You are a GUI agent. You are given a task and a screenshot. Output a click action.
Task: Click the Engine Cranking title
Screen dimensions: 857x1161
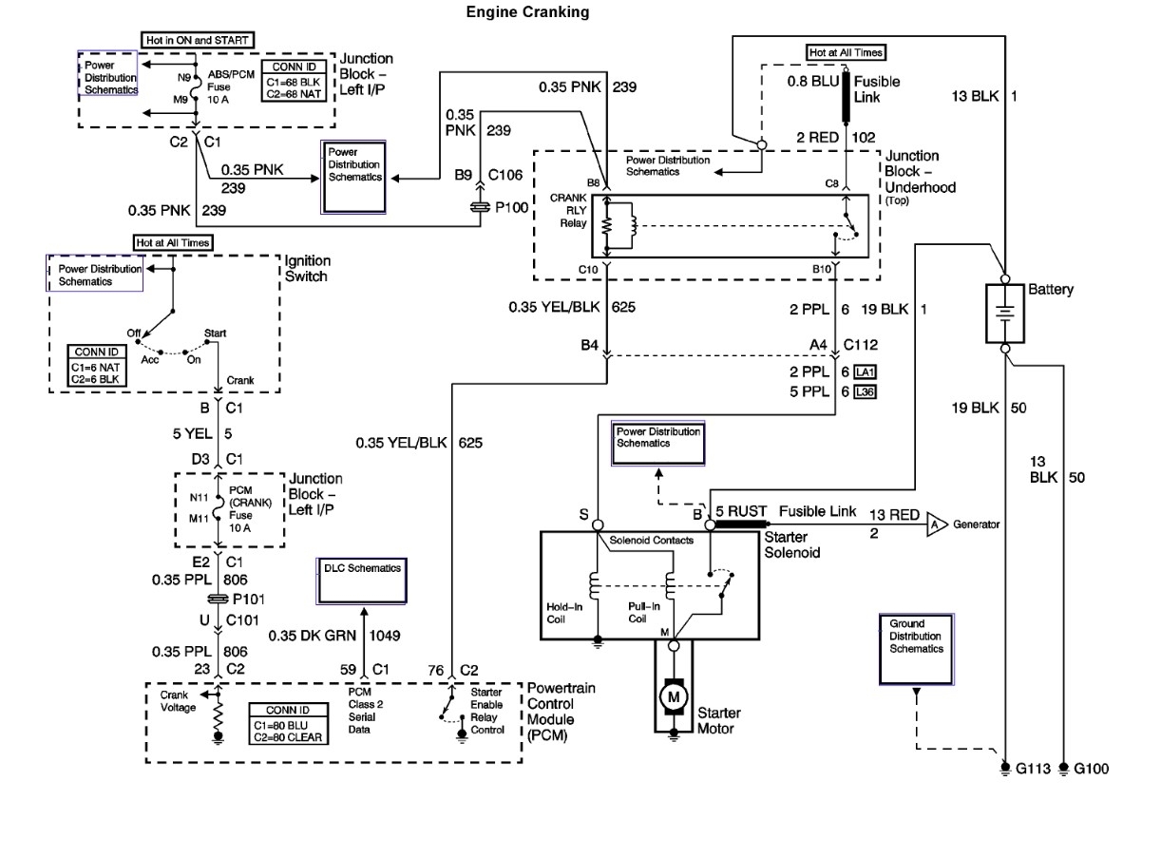tap(527, 12)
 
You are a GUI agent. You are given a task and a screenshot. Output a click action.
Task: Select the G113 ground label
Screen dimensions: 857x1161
tap(1033, 769)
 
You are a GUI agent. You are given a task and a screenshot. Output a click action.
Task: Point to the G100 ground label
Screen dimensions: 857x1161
tap(1090, 769)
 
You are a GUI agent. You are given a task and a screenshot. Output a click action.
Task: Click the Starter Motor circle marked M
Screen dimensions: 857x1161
tap(675, 696)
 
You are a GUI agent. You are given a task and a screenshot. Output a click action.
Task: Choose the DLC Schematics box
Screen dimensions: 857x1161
tap(361, 581)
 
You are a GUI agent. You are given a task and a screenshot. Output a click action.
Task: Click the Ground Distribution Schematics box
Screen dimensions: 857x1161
tap(916, 649)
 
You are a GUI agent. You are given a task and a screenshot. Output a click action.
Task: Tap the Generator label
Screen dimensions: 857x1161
tap(977, 524)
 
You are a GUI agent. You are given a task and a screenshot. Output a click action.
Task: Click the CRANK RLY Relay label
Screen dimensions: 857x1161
tap(574, 211)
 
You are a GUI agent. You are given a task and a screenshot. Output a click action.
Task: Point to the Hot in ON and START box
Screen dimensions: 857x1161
tap(198, 41)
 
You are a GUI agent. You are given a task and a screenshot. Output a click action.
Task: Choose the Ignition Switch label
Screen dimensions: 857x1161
tap(306, 268)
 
